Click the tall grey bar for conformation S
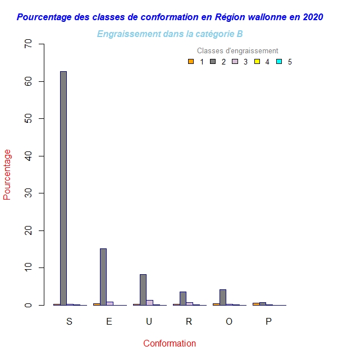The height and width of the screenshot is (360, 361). pyautogui.click(x=63, y=188)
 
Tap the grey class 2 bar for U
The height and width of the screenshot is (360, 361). pyautogui.click(x=143, y=289)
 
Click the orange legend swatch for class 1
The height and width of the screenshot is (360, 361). pyautogui.click(x=191, y=62)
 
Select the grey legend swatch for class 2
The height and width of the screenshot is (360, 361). pyautogui.click(x=213, y=62)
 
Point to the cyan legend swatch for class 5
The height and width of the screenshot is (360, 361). pyautogui.click(x=278, y=62)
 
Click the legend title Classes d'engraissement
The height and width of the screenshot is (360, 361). pyautogui.click(x=237, y=51)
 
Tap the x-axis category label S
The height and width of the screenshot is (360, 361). pyautogui.click(x=69, y=321)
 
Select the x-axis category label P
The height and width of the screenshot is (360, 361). pyautogui.click(x=268, y=321)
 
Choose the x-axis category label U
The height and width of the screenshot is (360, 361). pyautogui.click(x=149, y=321)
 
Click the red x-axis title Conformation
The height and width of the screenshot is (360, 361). pyautogui.click(x=170, y=343)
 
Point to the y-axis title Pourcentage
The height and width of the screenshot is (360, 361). pyautogui.click(x=7, y=174)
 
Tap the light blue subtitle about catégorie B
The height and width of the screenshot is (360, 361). pyautogui.click(x=170, y=34)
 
